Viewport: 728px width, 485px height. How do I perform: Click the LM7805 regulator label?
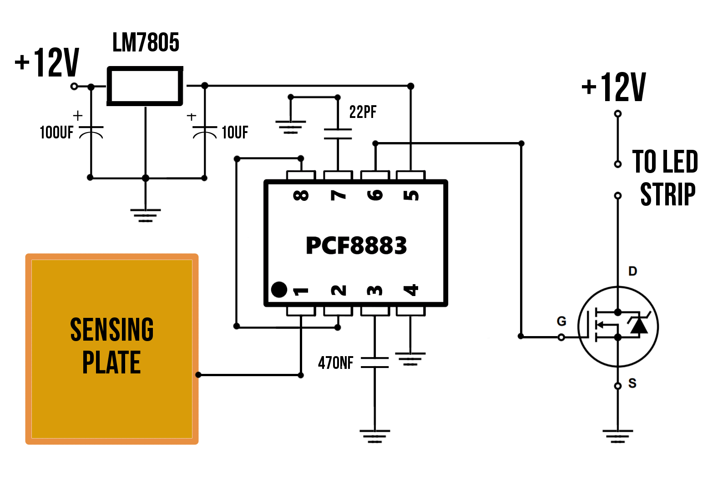(146, 43)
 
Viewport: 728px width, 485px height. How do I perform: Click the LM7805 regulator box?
(145, 86)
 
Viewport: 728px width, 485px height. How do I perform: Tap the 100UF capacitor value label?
(56, 133)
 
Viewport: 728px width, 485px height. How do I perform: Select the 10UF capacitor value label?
(235, 133)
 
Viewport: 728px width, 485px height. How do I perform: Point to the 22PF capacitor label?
(363, 112)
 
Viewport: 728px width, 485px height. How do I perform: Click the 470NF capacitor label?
(335, 363)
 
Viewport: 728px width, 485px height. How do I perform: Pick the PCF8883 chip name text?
(356, 245)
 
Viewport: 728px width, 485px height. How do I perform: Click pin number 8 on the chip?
(301, 195)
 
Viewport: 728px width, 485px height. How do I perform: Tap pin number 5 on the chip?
(411, 195)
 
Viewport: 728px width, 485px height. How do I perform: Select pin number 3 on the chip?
(375, 290)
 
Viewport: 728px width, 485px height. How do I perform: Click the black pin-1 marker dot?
(279, 290)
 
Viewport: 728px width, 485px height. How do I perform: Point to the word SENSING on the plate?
(112, 330)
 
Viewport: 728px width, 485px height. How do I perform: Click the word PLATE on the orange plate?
(111, 362)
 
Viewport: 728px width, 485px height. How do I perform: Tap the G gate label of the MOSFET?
(561, 322)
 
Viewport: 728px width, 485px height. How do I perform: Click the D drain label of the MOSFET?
(632, 271)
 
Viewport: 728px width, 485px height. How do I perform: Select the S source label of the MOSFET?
(632, 383)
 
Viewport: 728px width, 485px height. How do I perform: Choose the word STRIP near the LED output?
(667, 194)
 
